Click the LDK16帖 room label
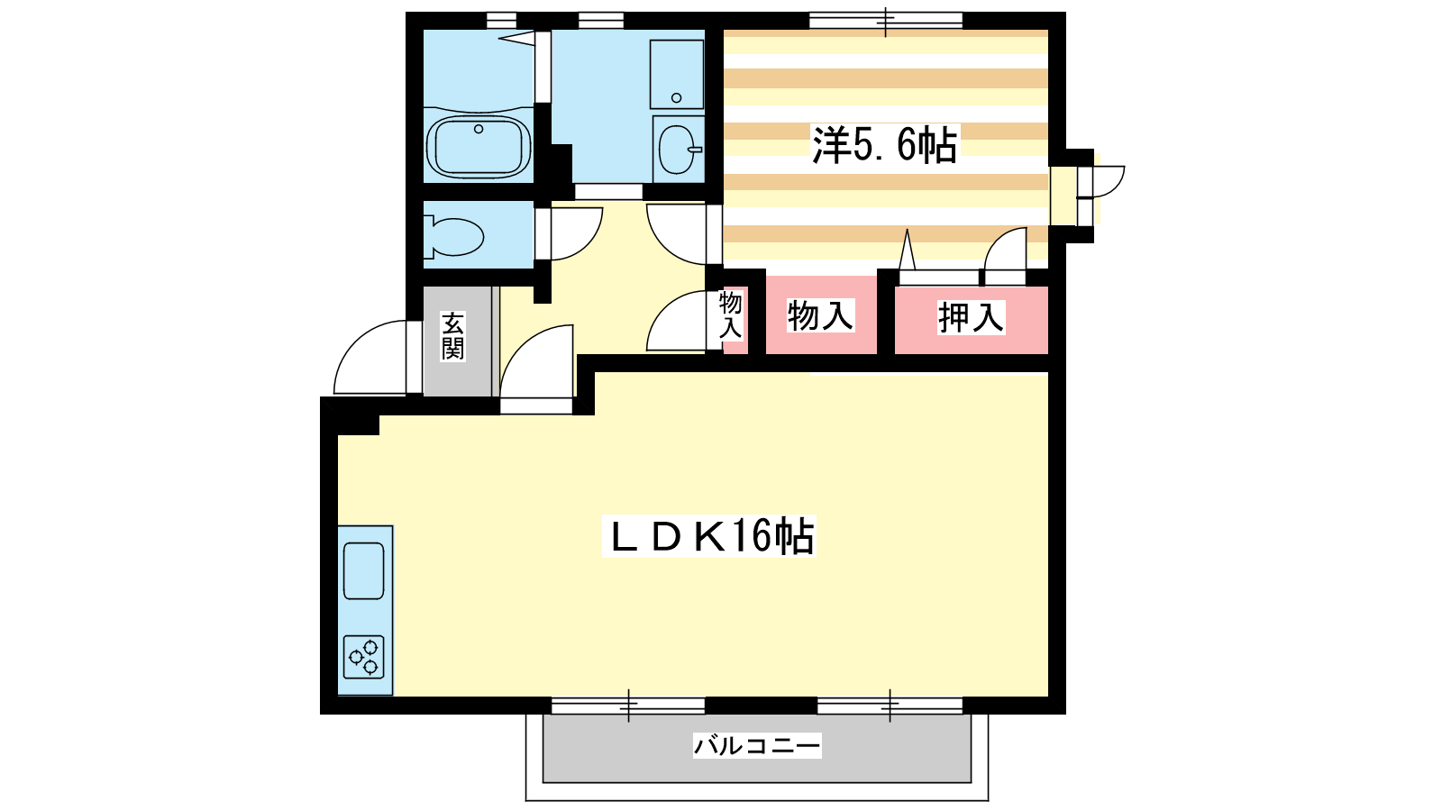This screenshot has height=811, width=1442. point(708,536)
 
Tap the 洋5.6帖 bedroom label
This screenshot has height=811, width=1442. point(884,144)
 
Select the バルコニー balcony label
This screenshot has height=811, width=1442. point(757,746)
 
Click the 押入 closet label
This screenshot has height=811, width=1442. point(971,317)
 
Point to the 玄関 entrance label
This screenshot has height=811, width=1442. point(452,336)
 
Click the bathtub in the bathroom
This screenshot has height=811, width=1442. point(479,147)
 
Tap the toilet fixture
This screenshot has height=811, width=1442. point(453,237)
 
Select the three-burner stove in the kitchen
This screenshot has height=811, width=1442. point(364,657)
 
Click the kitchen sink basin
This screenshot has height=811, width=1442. point(364,571)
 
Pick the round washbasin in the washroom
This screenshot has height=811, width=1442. point(677,150)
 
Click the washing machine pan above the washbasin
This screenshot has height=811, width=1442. point(677,75)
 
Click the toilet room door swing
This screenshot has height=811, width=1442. point(577,233)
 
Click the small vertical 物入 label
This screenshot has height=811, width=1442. point(731,314)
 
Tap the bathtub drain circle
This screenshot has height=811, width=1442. point(479,130)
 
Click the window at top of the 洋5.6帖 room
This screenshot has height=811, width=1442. point(886,22)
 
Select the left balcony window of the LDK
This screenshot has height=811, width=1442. point(628,706)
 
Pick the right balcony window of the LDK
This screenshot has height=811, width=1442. point(890,706)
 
